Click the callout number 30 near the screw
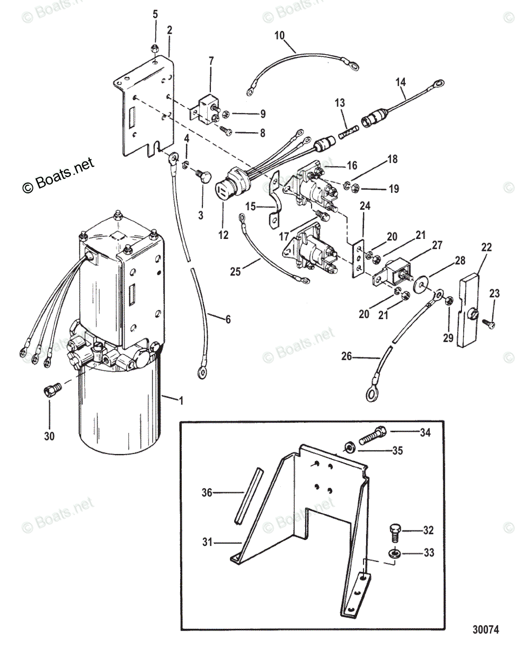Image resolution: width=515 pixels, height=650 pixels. [49, 434]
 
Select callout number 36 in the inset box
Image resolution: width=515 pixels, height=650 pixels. [207, 492]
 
